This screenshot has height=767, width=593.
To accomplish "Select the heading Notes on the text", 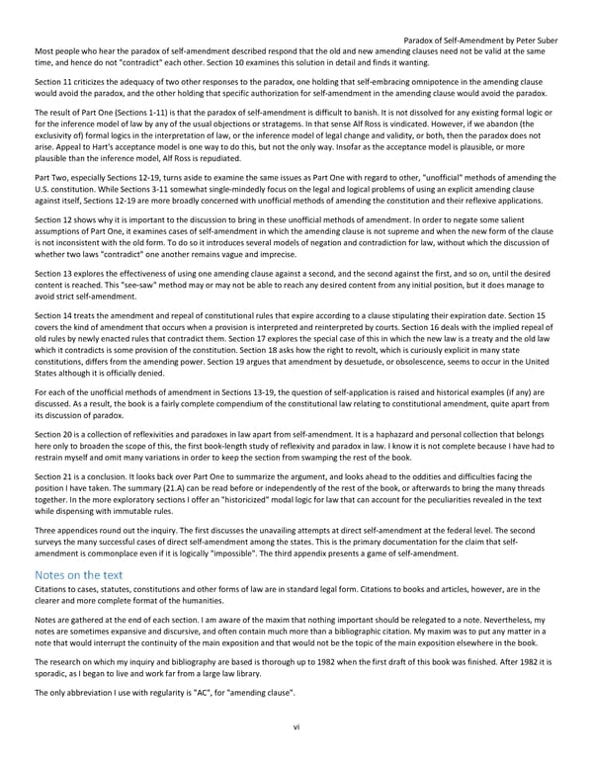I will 78,574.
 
